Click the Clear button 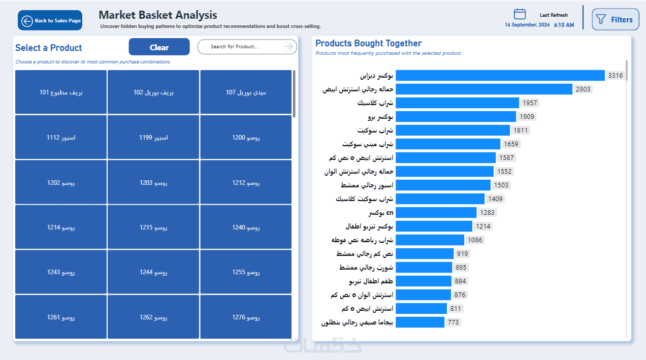tap(159, 47)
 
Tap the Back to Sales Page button tap(50, 20)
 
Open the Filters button tap(616, 19)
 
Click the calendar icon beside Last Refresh tap(520, 14)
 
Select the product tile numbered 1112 tap(61, 137)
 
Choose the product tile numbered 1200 tap(246, 137)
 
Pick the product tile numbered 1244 tap(153, 272)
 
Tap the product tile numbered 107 tap(246, 92)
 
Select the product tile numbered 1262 tap(153, 317)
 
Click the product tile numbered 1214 tap(61, 227)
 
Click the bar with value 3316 tap(500, 76)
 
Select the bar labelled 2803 tap(484, 89)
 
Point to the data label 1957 tap(530, 103)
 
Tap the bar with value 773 tap(420, 322)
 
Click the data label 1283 tap(488, 212)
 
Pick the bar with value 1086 tap(430, 240)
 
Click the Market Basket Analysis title tap(158, 15)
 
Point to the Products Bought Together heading tap(368, 43)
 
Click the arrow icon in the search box tap(288, 46)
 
